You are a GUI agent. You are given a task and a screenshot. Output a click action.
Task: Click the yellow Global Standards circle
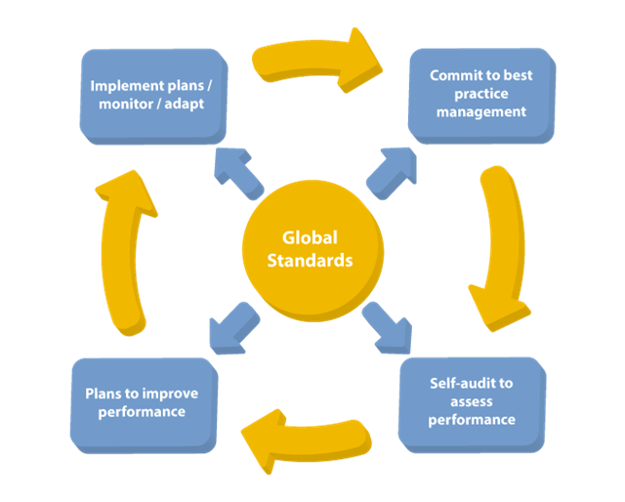(x=310, y=249)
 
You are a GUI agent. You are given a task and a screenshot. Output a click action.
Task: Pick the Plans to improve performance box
(x=142, y=402)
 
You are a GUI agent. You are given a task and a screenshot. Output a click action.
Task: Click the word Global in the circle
(x=310, y=237)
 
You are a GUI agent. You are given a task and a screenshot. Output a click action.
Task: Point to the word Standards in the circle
(x=310, y=261)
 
